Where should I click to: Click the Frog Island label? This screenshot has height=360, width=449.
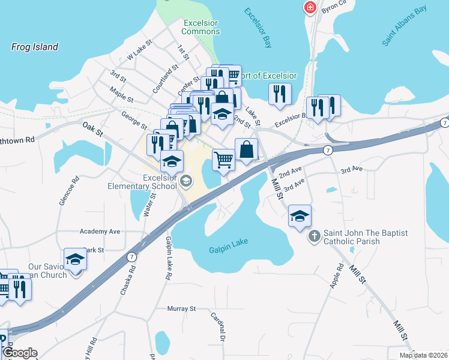click(x=35, y=47)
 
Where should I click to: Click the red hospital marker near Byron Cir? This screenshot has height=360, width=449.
click(x=310, y=8)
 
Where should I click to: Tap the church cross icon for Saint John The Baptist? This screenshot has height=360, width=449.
click(x=315, y=236)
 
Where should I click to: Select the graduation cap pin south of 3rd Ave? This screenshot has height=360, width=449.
click(x=300, y=217)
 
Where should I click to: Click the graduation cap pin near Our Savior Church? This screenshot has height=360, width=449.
click(x=76, y=259)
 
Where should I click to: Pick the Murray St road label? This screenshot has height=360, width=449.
click(x=182, y=308)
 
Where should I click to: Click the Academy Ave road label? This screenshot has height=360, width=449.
click(x=100, y=231)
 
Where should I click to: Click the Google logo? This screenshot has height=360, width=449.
click(x=19, y=353)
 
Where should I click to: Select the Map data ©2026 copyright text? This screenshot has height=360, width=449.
click(x=423, y=355)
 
